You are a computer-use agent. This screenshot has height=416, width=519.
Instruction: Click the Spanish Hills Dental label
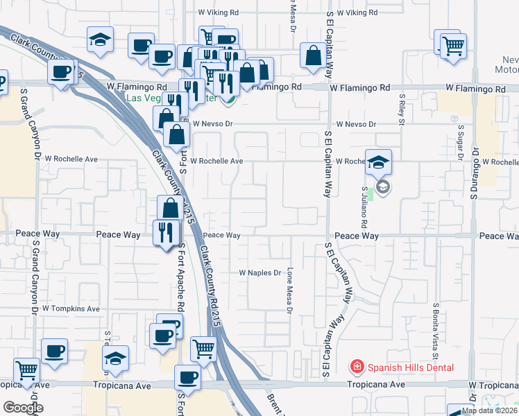click(x=410, y=367)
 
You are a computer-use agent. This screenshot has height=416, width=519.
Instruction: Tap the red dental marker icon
click(x=356, y=366)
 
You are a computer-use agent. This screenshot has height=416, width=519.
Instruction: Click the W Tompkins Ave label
click(x=71, y=308)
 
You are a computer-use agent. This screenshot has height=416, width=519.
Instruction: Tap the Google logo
click(x=22, y=407)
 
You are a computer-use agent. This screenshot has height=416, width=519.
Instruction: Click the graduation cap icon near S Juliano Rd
click(x=378, y=162)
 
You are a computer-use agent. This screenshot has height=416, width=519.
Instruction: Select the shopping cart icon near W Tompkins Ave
click(x=203, y=349)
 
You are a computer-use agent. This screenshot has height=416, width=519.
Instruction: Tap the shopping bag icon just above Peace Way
click(x=171, y=207)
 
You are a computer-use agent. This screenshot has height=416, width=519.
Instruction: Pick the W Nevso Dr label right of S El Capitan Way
click(x=355, y=124)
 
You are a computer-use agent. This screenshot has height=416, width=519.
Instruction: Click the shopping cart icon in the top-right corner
click(x=452, y=46)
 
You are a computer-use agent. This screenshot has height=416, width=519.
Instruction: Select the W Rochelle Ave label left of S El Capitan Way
click(x=216, y=161)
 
